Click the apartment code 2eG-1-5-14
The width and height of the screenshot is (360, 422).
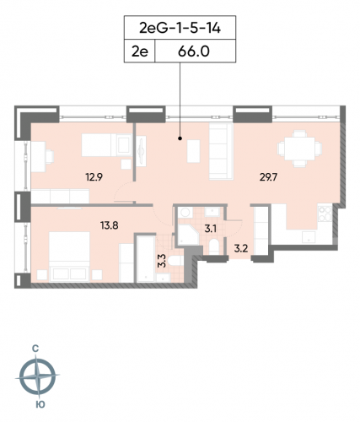coord(180,29)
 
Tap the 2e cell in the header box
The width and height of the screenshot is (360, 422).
coord(139,51)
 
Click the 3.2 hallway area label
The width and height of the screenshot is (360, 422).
coord(240,248)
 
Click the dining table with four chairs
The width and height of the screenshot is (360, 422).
coord(295,151)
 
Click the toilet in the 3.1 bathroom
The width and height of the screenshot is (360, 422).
coord(215,247)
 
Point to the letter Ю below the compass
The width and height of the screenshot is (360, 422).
coord(38,404)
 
